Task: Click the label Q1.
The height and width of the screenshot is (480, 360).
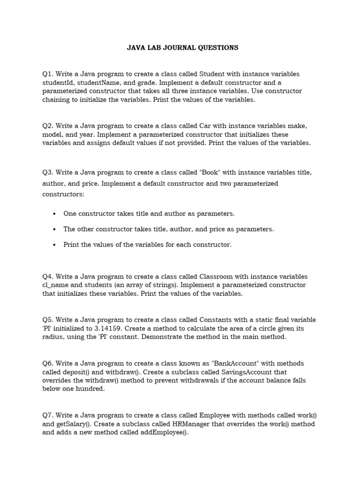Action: (x=47, y=74)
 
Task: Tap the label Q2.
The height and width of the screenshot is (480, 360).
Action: (x=47, y=126)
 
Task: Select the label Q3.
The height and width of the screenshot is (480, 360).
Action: (x=47, y=172)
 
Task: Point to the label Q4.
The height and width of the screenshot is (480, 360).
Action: (x=47, y=277)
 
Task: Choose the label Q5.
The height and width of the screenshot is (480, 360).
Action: (x=47, y=320)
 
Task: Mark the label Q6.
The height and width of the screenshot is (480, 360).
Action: (x=47, y=364)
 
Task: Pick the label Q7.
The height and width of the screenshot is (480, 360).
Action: (x=47, y=415)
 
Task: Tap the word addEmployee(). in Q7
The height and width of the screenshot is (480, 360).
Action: (x=167, y=433)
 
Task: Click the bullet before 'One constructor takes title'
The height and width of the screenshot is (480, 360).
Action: (x=54, y=214)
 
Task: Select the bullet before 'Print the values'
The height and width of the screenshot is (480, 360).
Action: (x=54, y=245)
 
